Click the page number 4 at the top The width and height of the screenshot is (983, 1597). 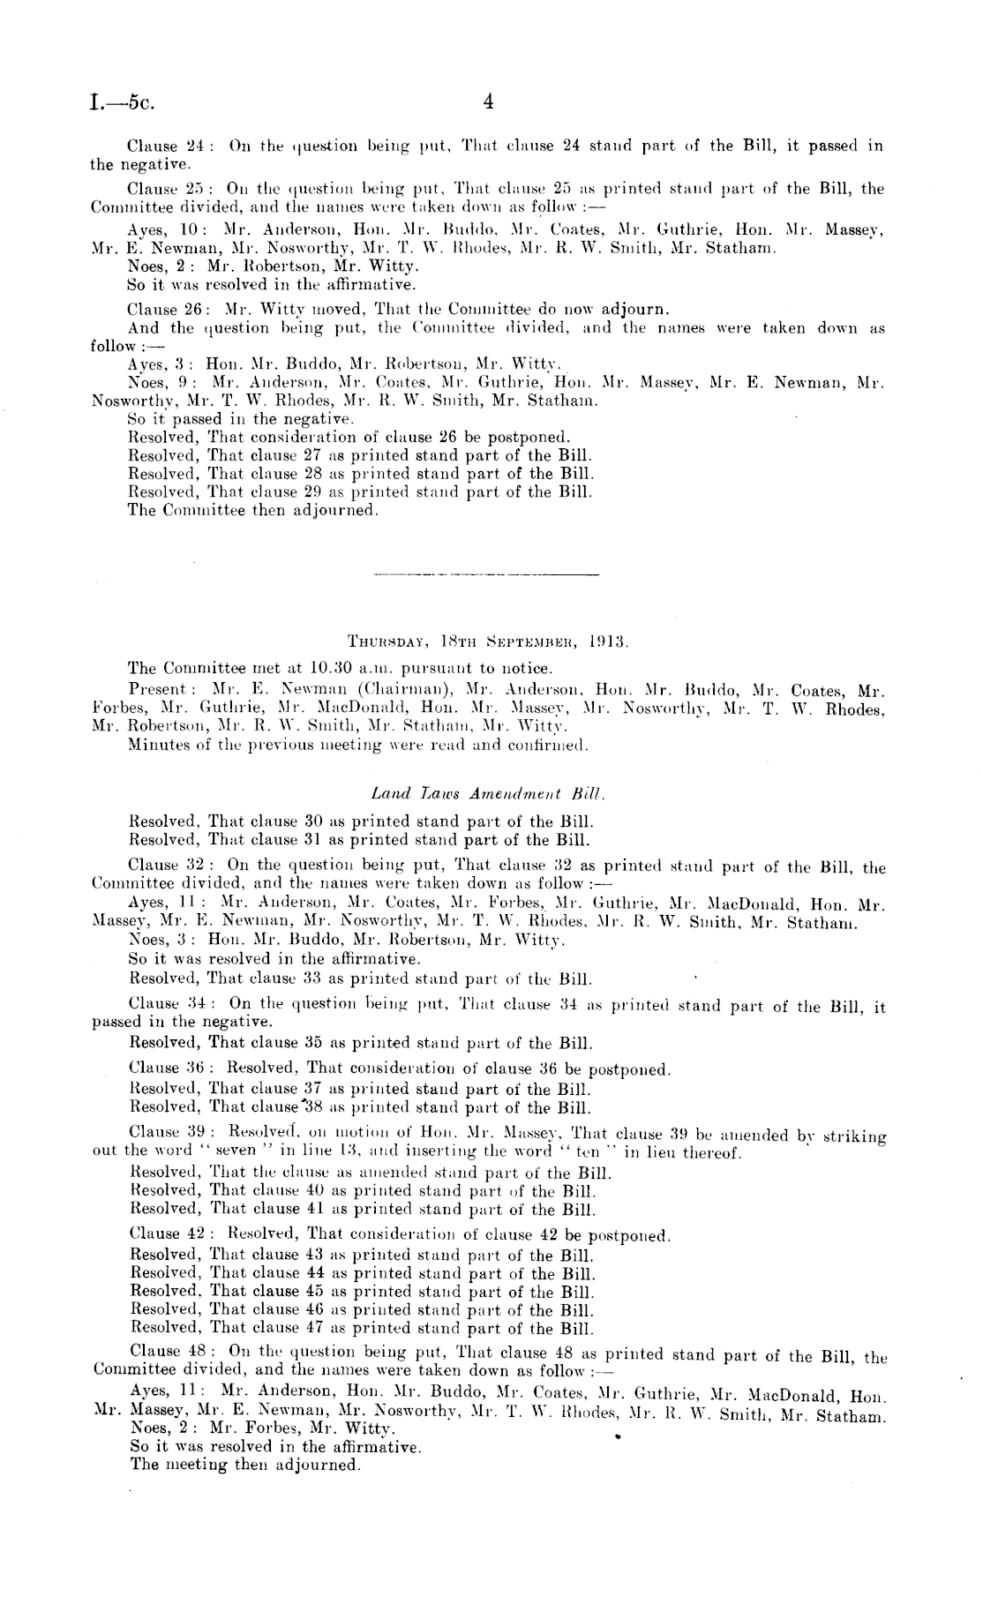tap(488, 102)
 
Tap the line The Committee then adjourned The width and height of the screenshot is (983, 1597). tap(253, 510)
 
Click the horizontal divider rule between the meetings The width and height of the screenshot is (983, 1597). tap(486, 575)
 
